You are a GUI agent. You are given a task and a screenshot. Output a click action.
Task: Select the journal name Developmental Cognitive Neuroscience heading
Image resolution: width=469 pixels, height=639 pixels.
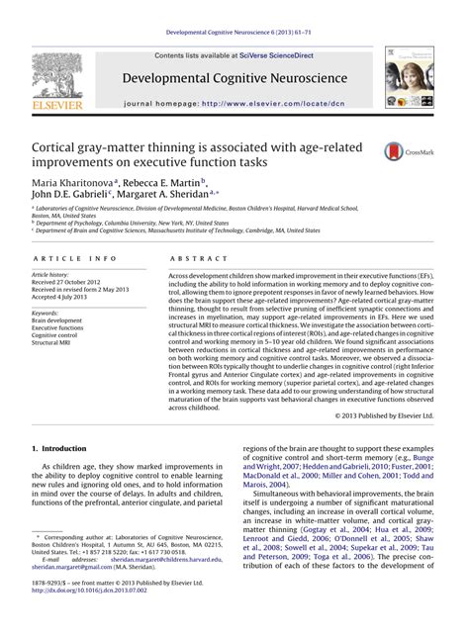(234, 75)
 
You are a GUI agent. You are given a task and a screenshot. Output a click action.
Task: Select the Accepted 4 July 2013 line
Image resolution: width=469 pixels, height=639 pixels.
(66, 296)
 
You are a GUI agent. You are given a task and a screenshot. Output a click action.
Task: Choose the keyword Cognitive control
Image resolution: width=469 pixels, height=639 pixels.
(58, 335)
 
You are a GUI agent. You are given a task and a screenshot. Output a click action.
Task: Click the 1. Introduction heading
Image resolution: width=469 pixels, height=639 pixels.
(61, 448)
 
